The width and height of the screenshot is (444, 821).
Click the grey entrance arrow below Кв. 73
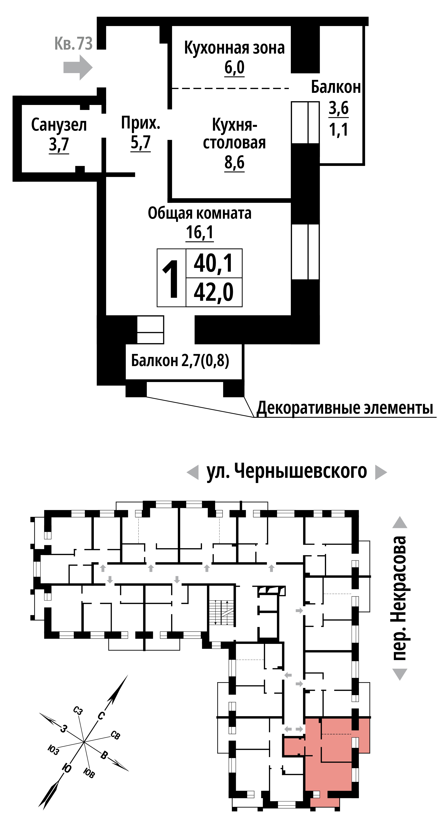[x=78, y=68]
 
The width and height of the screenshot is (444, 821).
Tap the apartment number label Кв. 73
[x=74, y=43]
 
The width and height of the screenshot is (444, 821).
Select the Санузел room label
[x=59, y=125]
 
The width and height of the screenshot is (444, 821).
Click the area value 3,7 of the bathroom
[x=59, y=144]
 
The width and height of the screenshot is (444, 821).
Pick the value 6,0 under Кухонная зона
[x=234, y=68]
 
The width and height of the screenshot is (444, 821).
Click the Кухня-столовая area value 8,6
[x=234, y=163]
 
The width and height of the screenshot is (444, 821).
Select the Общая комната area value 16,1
[x=200, y=232]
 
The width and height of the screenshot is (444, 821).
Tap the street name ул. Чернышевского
[x=287, y=471]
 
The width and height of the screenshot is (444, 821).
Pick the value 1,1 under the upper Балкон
[x=338, y=130]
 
